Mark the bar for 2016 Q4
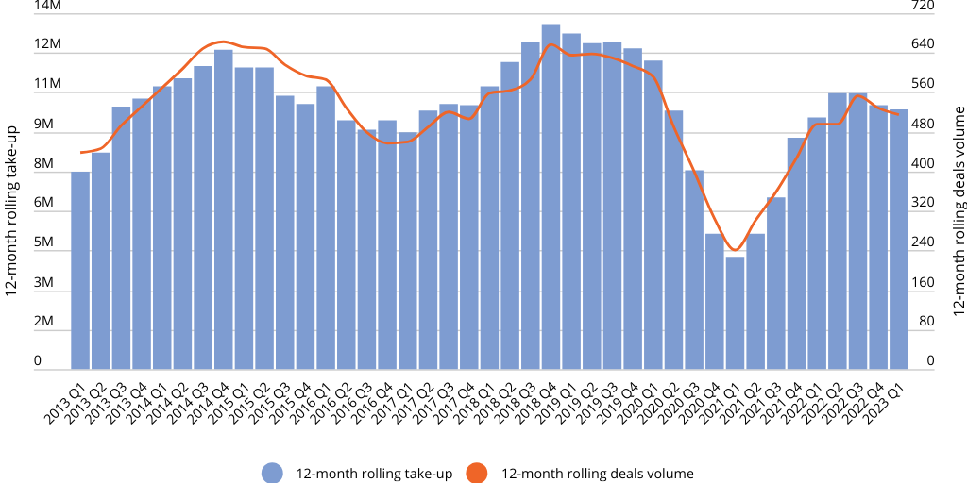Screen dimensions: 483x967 pos(387,244)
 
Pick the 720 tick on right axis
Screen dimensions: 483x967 pos(923,6)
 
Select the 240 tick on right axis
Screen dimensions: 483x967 pos(923,242)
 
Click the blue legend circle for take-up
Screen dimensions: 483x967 pos(273,474)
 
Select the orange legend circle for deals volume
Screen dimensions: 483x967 pos(478,474)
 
